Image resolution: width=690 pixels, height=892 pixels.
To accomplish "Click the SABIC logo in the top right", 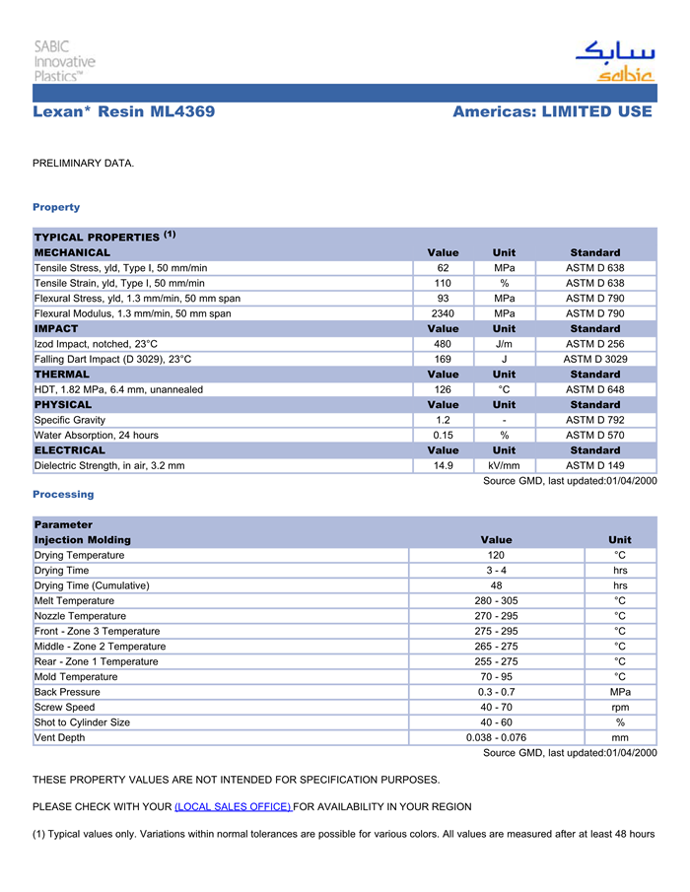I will pos(615,62).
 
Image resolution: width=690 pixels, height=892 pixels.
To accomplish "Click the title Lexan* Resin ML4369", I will pos(123,111).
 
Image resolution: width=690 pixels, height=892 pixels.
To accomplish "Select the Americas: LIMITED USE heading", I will pos(552,111).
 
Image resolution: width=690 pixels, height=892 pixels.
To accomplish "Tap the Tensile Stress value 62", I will pos(443,268).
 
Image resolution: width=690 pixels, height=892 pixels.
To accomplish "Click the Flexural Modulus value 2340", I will pos(443,313).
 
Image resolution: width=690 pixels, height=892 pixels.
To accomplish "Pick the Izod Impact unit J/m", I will pos(504,344).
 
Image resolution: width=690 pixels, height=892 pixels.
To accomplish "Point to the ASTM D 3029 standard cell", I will pos(594,359).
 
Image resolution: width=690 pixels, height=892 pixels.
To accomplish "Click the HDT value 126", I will pos(443,389).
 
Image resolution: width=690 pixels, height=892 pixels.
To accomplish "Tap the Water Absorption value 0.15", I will pos(443,435).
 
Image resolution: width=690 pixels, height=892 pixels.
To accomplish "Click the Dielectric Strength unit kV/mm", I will pos(504,465).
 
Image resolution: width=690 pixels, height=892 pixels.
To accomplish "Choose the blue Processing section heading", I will pos(63,494).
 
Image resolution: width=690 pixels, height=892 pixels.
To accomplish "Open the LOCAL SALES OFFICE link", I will pos(233,806).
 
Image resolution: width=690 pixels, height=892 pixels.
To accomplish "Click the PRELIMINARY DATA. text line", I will pos(83,163).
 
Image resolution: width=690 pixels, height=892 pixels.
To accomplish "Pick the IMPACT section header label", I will pos(56,328).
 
